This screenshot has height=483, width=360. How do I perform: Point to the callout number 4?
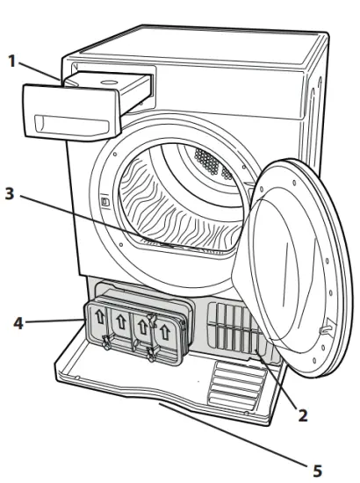(x=15, y=323)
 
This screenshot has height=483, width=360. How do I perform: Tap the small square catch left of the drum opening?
(x=104, y=202)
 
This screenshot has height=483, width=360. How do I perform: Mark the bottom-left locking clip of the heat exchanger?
(x=105, y=343)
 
